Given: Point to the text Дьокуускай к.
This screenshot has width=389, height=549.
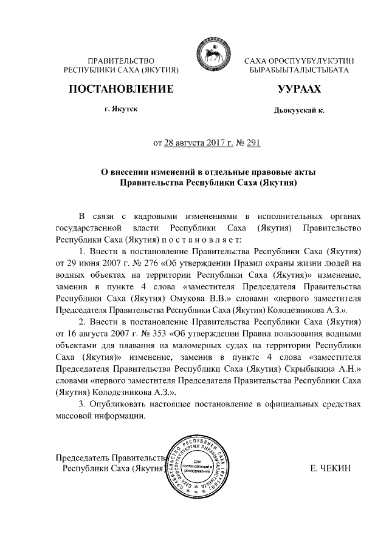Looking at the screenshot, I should pyautogui.click(x=299, y=112).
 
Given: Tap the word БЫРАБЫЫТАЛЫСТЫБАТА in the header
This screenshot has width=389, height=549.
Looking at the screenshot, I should pyautogui.click(x=299, y=72).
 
